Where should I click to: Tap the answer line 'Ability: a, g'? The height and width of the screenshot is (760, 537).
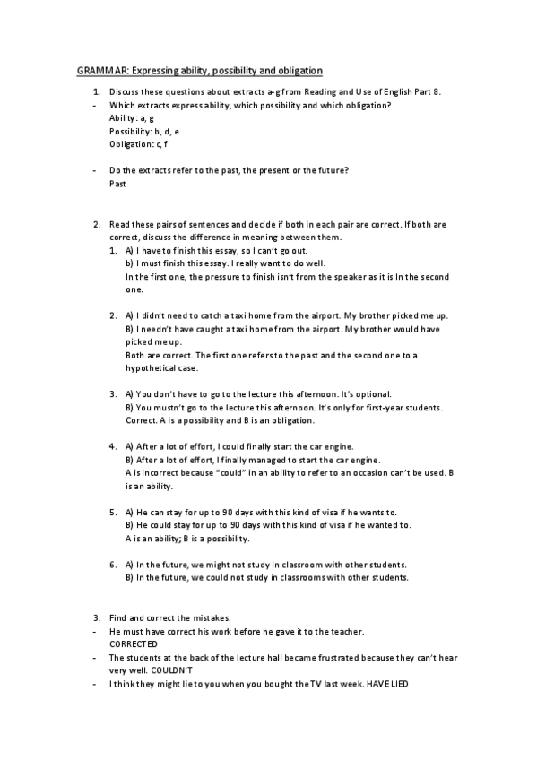tap(131, 118)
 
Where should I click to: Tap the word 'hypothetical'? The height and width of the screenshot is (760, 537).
tap(149, 368)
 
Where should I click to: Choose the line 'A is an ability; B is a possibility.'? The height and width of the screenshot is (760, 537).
tap(187, 539)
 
